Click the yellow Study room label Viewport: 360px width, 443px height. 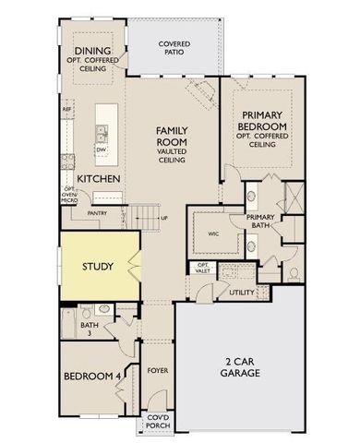pos(97,267)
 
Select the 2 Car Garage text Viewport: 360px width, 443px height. pos(240,366)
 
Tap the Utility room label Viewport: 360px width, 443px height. pos(242,293)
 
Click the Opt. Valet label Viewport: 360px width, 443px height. pos(203,269)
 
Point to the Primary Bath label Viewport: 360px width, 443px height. pos(262,222)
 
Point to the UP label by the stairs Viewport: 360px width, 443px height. pos(164,219)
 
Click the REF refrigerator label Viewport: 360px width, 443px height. pos(66,110)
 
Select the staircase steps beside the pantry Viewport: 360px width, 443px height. pos(146,219)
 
